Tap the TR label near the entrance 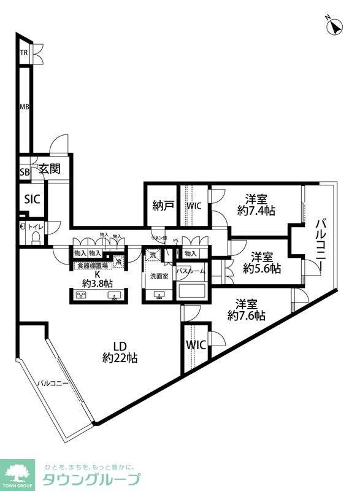23,53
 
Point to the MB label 24,107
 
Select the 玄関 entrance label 50,169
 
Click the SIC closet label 31,198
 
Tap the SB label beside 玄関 24,172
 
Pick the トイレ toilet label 36,226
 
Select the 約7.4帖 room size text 256,211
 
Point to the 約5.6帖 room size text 262,268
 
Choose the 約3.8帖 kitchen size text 98,283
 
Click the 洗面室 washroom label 159,276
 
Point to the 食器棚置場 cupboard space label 92,266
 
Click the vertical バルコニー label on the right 321,248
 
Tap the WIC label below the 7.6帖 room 196,345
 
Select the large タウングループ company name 91,479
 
